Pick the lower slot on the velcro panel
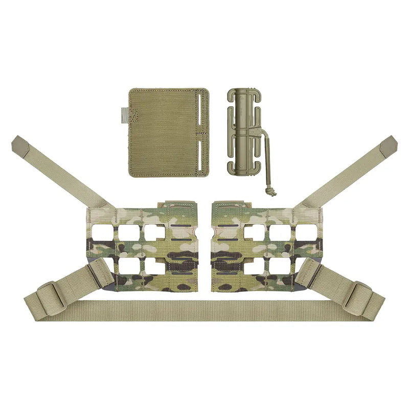coord(198,154)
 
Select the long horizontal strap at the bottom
coord(204,310)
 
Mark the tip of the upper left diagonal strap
coord(18,143)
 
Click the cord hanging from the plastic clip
coord(266,158)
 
